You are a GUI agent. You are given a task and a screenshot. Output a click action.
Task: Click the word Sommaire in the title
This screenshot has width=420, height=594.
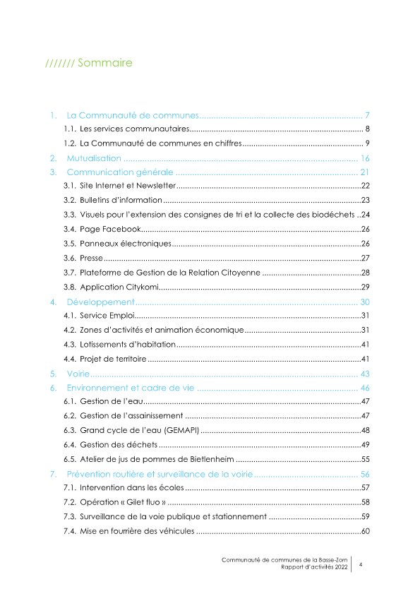[x=104, y=64]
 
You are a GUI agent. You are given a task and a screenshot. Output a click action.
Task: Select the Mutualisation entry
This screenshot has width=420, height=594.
[x=94, y=158]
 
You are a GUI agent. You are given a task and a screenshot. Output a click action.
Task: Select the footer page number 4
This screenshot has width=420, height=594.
[x=361, y=564]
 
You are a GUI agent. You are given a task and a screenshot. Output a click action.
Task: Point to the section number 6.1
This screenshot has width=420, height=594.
[x=69, y=401]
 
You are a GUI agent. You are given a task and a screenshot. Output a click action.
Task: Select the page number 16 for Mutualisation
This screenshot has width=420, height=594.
[x=365, y=158]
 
